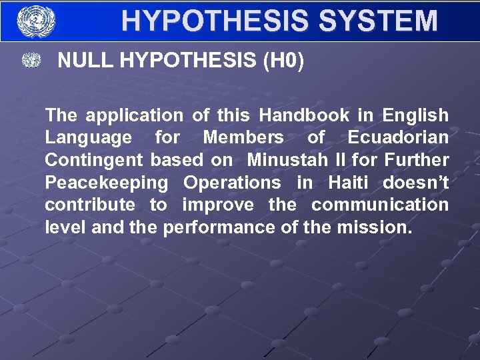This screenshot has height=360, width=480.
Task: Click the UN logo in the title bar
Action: (x=36, y=21)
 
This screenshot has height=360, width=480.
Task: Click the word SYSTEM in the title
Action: (x=378, y=21)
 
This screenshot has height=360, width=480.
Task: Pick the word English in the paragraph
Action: (x=415, y=115)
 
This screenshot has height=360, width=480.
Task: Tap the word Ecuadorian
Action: (x=398, y=138)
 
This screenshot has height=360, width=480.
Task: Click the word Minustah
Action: (x=288, y=160)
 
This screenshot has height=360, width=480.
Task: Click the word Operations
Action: (x=232, y=183)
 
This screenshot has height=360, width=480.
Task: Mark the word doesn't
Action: (x=416, y=183)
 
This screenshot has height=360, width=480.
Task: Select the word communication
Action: (x=380, y=205)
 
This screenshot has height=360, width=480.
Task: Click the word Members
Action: (x=243, y=138)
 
